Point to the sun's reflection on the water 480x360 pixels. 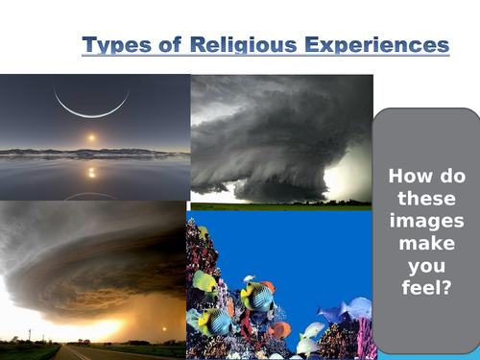[x=91, y=172]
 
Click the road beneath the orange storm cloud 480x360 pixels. [x=81, y=352]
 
